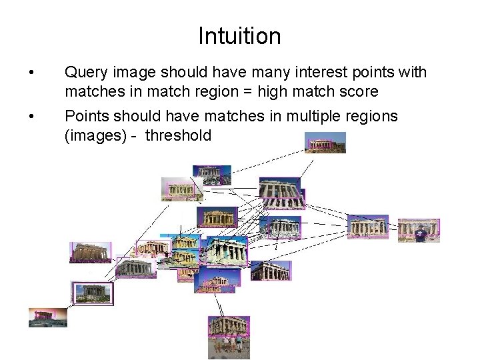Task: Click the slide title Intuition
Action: click(x=239, y=35)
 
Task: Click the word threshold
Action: click(x=178, y=136)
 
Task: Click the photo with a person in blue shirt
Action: click(x=418, y=231)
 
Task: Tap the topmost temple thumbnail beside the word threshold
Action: click(x=325, y=143)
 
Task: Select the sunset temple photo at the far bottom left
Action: click(x=47, y=317)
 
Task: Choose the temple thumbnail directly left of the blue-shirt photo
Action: click(x=367, y=225)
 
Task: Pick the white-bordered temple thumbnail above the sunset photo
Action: click(x=92, y=293)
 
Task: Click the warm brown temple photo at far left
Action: click(x=90, y=252)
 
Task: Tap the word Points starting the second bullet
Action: click(x=85, y=117)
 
